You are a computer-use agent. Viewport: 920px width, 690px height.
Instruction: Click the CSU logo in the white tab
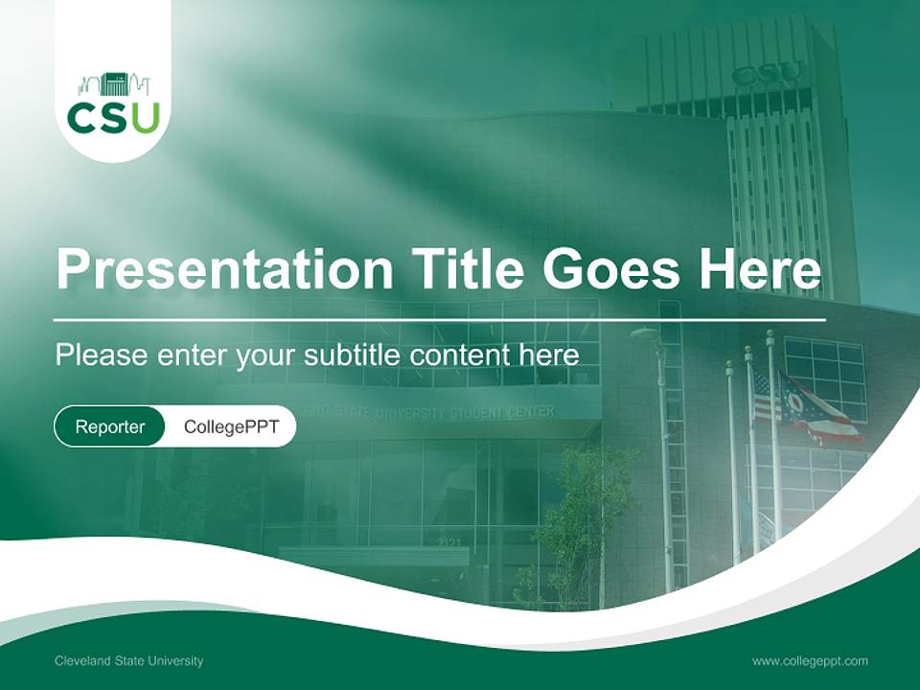113,104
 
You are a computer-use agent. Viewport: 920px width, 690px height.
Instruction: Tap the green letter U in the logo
145,117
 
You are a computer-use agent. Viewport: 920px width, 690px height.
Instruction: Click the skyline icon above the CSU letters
113,83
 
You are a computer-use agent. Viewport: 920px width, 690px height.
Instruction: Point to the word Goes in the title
612,269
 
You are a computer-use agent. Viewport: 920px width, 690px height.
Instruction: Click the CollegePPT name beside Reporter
231,427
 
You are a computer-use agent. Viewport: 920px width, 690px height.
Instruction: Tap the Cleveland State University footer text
128,661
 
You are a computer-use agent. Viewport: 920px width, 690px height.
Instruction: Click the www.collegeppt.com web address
810,661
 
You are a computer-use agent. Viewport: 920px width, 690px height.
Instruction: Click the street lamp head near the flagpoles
644,333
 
